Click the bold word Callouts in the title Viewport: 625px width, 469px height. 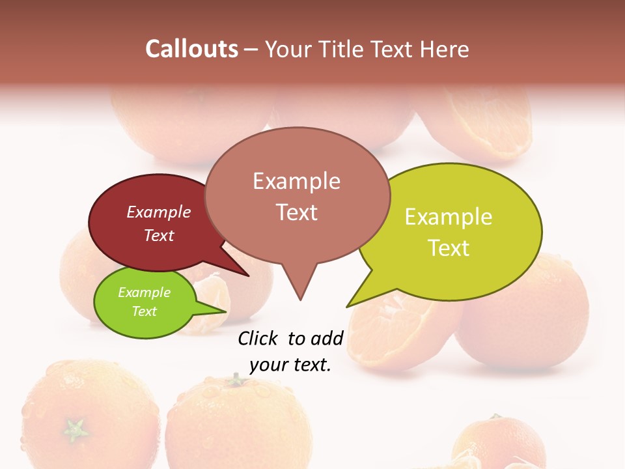point(191,49)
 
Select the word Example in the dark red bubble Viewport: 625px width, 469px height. point(159,212)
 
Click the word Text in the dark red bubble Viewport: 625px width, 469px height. point(159,235)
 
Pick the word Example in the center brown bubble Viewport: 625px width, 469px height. point(296,181)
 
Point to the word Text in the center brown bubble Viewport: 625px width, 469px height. point(296,212)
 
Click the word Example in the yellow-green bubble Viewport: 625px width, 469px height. point(449,217)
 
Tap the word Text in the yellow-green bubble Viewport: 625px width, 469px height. point(449,248)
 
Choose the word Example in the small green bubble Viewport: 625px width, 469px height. point(144,292)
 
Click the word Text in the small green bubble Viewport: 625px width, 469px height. point(144,311)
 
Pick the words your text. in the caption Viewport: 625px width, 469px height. point(290,365)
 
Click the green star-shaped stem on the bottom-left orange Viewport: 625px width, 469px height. point(76,430)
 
